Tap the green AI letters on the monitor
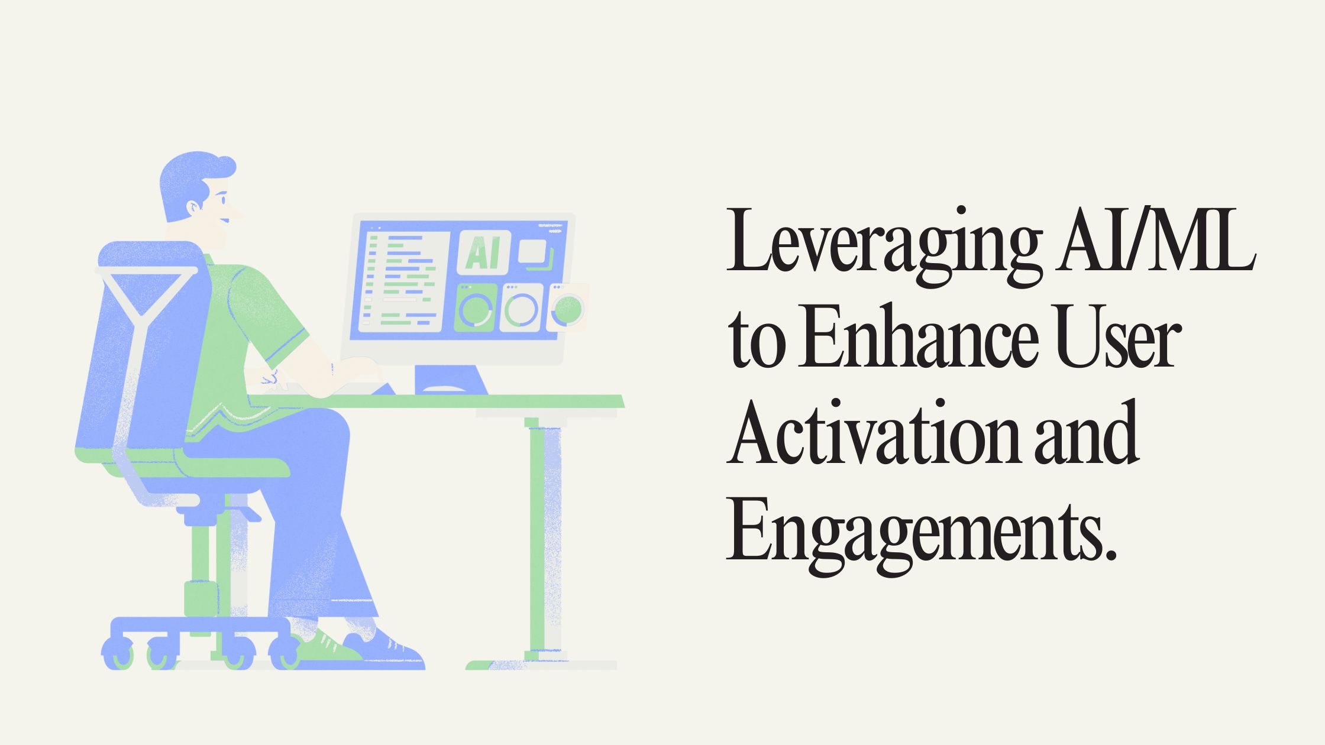(x=483, y=253)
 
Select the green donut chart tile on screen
(x=476, y=307)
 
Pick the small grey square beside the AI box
(x=532, y=251)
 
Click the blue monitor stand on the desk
(x=450, y=380)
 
